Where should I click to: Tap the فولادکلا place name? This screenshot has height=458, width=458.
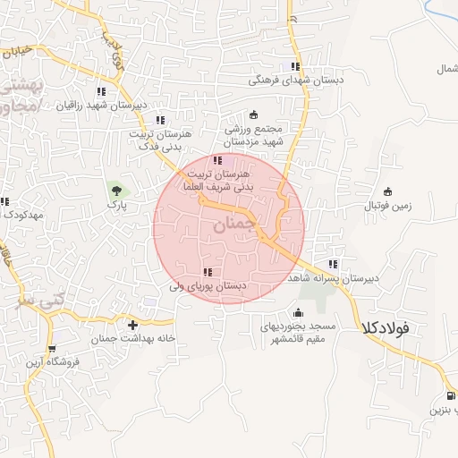click(386, 327)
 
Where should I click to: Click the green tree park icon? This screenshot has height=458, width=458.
click(115, 189)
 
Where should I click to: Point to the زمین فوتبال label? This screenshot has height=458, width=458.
click(387, 206)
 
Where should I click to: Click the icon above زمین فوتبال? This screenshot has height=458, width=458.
click(387, 191)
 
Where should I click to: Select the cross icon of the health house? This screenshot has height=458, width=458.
click(133, 325)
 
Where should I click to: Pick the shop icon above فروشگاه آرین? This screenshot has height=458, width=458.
click(51, 348)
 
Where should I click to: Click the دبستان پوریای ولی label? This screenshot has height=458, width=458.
click(208, 286)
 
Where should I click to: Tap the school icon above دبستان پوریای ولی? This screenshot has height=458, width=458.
click(208, 271)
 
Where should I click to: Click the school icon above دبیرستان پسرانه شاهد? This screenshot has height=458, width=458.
click(334, 264)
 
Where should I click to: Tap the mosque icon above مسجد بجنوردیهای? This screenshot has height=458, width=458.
click(298, 312)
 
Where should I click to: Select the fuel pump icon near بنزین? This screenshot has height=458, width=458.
click(449, 395)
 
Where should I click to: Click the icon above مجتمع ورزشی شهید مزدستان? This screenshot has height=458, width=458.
click(253, 114)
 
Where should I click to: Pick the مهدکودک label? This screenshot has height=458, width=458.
click(21, 216)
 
